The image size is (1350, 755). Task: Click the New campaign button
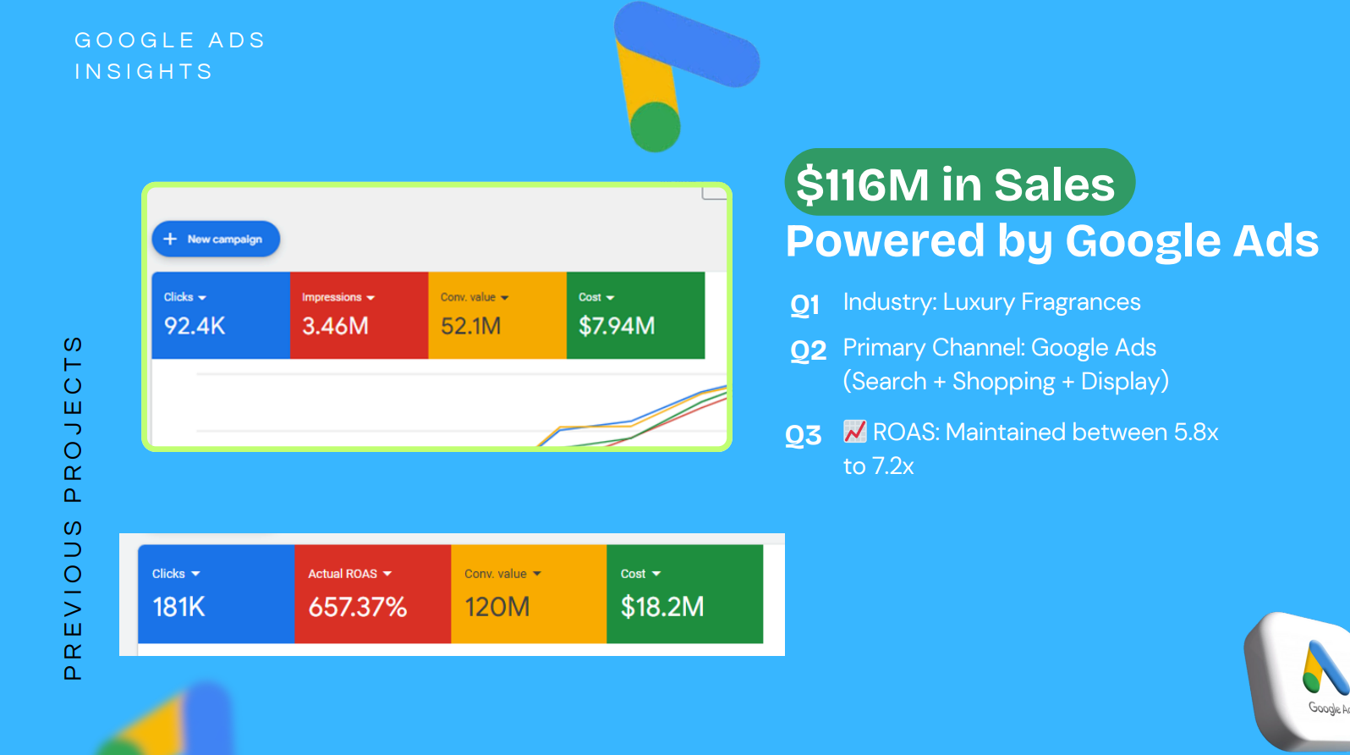point(216,240)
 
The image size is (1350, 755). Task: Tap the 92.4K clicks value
point(195,326)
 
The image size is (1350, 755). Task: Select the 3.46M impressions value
point(335,326)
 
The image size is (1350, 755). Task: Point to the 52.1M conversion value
point(470,326)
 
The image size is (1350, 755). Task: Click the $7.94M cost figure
point(617,326)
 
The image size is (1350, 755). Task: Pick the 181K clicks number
point(178,607)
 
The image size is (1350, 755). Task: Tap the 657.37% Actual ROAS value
point(357,607)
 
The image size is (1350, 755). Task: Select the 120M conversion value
point(497,607)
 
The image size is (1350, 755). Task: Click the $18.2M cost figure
point(661,607)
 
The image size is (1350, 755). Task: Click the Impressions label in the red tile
point(332,297)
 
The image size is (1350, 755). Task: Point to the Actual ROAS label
point(343,574)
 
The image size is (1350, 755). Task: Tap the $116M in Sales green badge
point(958,183)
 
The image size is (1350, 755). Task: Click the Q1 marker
point(804,305)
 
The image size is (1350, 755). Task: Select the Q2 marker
point(808,350)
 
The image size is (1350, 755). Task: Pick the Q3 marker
point(803,435)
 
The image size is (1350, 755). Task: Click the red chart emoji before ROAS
point(855,432)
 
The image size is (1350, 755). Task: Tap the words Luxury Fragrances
point(1041,302)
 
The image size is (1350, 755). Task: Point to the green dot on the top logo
point(656,127)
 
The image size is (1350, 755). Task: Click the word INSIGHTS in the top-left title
point(144,72)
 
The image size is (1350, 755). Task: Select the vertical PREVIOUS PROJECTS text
point(74,508)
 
